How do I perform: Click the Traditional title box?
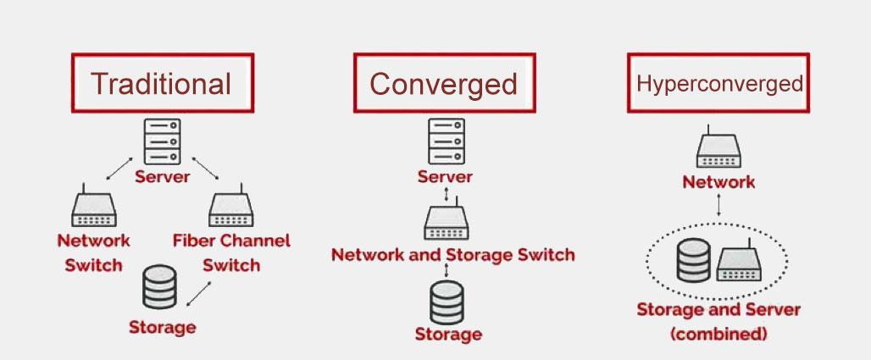coord(161,83)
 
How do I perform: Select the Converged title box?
coord(443,83)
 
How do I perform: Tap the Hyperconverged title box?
coord(718,83)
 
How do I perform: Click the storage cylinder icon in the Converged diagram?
coord(447,301)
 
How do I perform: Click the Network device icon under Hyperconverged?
coord(718,151)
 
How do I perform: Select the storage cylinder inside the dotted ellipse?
coord(694,260)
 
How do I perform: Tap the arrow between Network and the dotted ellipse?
coord(719,206)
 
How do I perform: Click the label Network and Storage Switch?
coord(452,254)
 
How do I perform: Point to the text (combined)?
coord(718,334)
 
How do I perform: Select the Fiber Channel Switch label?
coord(230,252)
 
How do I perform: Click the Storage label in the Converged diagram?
coord(448,334)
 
